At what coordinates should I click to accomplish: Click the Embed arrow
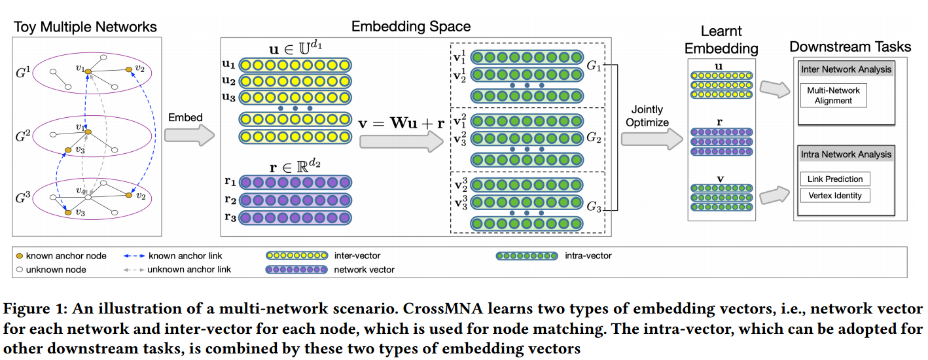[188, 135]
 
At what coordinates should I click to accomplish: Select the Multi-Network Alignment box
[833, 95]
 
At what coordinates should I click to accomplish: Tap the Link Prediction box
[835, 179]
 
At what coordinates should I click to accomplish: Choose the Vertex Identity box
[835, 195]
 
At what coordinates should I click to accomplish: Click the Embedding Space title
[411, 26]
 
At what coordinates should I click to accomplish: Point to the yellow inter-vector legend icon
[296, 255]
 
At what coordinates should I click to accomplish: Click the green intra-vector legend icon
[526, 256]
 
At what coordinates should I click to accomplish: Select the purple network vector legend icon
[296, 269]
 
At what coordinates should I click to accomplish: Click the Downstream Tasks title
[849, 46]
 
